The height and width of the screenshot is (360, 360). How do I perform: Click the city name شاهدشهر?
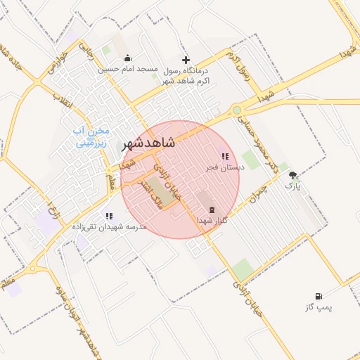tap(148, 142)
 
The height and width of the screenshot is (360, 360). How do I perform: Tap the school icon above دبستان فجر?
tap(224, 156)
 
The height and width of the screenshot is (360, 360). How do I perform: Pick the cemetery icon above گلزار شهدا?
tap(212, 210)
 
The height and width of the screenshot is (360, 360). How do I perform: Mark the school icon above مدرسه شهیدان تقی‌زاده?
tap(108, 216)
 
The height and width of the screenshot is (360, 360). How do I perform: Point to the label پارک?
tap(292, 186)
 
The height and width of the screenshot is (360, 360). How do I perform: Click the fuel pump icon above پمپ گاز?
tap(319, 296)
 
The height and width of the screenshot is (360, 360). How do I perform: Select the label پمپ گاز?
tap(318, 307)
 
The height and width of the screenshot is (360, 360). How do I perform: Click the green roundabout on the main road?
tap(238, 110)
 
